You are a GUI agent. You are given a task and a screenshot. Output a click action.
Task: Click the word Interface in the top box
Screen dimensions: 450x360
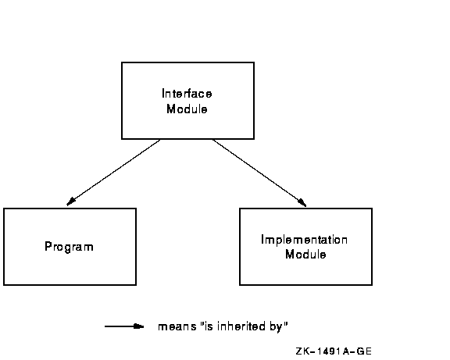[187, 94]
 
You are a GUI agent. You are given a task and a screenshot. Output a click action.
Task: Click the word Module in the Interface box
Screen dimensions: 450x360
[187, 109]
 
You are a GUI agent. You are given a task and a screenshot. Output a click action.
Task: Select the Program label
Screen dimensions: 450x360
[70, 247]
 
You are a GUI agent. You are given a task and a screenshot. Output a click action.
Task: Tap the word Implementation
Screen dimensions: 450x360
[304, 240]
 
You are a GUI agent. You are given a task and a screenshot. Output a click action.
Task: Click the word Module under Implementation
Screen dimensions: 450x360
[305, 255]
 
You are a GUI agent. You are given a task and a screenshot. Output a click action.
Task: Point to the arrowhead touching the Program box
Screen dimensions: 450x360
[71, 201]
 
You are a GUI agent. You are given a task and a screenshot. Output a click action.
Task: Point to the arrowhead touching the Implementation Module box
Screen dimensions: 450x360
[302, 202]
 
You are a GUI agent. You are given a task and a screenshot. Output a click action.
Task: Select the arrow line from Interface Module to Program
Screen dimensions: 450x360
[113, 173]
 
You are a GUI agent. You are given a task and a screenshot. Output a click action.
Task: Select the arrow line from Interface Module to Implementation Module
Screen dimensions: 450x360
[259, 173]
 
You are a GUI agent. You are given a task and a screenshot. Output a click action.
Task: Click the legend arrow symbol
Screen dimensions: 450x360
[124, 326]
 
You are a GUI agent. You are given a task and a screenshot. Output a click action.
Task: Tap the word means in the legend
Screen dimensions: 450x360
[177, 326]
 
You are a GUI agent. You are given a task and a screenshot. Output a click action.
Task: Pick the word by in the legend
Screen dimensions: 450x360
[276, 327]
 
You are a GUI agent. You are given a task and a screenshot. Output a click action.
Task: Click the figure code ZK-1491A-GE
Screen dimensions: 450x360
[334, 351]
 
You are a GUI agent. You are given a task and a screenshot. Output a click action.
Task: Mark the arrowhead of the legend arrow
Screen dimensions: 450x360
[139, 326]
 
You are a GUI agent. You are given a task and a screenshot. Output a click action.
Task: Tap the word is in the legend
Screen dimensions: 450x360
[209, 326]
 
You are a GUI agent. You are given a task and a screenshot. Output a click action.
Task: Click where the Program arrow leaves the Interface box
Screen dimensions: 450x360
[160, 140]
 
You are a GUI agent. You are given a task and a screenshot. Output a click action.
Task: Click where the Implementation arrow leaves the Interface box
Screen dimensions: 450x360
[212, 140]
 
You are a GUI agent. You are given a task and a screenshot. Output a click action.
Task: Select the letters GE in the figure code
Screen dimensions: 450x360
[364, 351]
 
